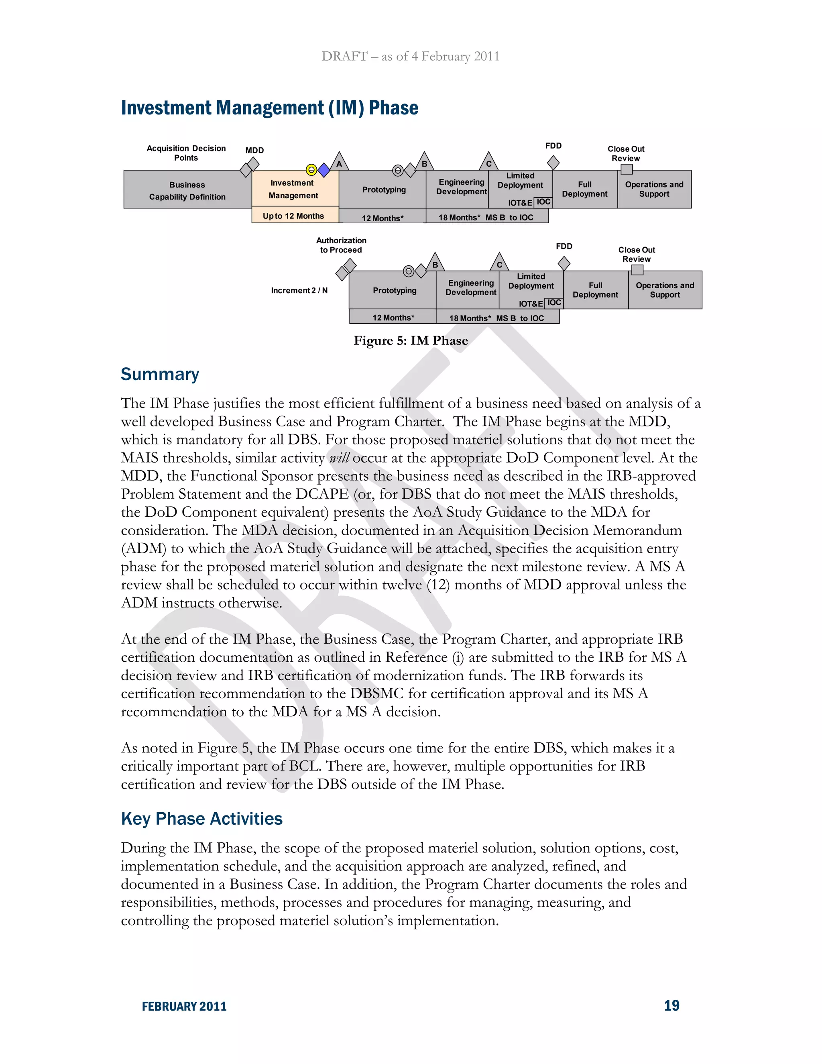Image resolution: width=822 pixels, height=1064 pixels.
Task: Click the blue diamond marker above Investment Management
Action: coord(324,170)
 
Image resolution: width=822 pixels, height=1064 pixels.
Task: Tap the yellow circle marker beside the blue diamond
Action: coord(311,170)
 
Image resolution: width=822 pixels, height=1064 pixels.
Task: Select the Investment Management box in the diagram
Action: coord(295,189)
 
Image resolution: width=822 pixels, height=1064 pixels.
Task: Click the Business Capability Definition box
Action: coord(187,190)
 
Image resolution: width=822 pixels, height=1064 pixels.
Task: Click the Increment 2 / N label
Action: coord(299,290)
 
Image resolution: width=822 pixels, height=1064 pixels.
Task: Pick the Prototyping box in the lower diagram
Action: coord(395,290)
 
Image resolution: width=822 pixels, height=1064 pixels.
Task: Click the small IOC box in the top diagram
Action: coord(543,202)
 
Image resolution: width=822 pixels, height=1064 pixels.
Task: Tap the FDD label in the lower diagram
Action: coord(564,246)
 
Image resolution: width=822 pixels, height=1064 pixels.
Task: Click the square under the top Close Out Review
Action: coord(627,169)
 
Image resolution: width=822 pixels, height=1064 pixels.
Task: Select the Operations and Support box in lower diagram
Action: coord(665,290)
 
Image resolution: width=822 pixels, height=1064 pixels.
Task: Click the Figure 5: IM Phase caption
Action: coord(411,340)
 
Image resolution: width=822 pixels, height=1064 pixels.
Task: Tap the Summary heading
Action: coord(160,374)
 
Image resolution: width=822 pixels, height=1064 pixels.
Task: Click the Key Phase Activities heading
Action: coord(201,818)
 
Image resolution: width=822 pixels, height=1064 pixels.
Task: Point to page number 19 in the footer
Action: coord(671,1005)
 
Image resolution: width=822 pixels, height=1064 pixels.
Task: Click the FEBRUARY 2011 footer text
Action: coord(184,1007)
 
